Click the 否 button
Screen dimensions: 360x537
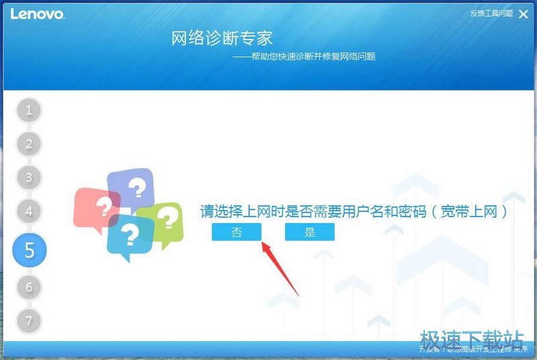click(x=236, y=232)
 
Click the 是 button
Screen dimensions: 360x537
click(x=309, y=232)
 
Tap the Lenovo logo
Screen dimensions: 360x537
click(x=37, y=13)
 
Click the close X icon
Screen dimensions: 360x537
click(x=524, y=13)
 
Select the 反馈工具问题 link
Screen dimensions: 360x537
click(x=491, y=13)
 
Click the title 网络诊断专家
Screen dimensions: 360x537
click(x=222, y=38)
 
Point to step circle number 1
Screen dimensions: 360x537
click(x=28, y=110)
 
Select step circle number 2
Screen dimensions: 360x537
click(x=28, y=144)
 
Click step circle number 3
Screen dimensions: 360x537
click(x=28, y=177)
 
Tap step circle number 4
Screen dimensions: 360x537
click(x=28, y=211)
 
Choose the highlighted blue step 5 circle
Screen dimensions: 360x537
click(x=29, y=250)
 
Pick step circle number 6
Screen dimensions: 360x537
click(x=28, y=287)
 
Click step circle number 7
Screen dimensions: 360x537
click(x=28, y=320)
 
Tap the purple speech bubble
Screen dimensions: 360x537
click(x=132, y=187)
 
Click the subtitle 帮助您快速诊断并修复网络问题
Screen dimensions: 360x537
click(x=312, y=57)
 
